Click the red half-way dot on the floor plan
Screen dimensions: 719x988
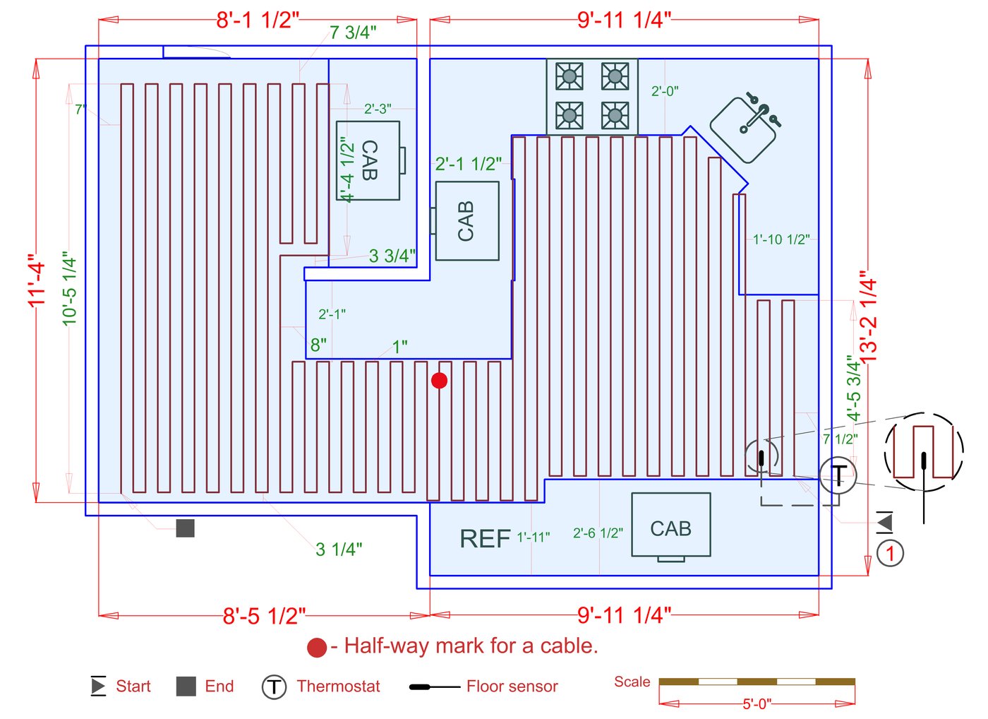tap(439, 381)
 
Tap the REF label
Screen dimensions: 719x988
tap(485, 539)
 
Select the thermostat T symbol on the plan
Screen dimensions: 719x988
tap(838, 475)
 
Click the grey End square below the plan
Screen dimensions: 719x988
tap(185, 528)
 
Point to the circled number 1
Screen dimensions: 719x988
tap(890, 553)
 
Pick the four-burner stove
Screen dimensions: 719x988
tap(592, 96)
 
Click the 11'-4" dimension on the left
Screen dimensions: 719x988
tap(36, 280)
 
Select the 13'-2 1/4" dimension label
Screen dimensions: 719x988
tap(868, 321)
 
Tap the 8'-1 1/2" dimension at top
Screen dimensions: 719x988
tap(258, 20)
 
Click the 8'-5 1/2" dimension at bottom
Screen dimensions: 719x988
tap(264, 616)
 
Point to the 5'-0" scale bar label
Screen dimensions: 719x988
tap(757, 704)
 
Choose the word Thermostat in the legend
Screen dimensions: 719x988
tap(338, 687)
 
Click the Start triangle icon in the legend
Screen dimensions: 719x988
tap(98, 686)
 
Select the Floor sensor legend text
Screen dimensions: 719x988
tap(512, 687)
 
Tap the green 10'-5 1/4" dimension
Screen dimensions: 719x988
tap(69, 288)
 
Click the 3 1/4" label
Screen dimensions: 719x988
tap(339, 549)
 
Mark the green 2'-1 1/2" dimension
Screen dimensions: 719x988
tap(469, 164)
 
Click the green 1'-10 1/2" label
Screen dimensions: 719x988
tap(781, 239)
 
